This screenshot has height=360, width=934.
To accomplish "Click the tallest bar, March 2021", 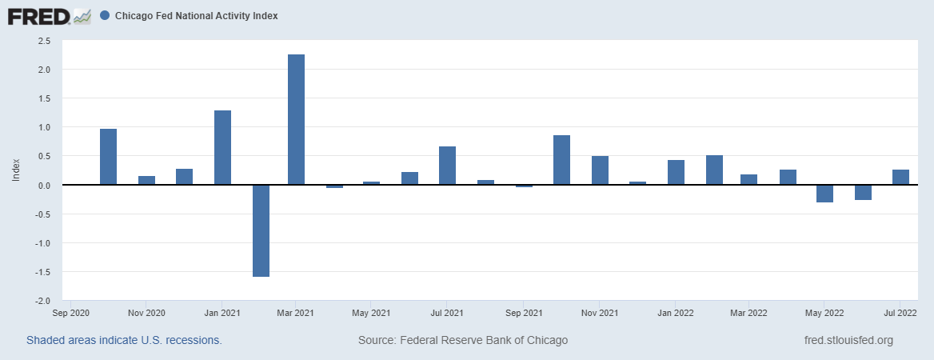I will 296,120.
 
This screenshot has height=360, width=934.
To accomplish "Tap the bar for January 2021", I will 222,148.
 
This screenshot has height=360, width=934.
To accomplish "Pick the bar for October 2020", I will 108,157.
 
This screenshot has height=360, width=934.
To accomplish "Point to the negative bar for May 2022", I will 824,194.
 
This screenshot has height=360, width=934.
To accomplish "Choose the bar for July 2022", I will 900,177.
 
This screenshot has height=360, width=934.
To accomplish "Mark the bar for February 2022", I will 714,170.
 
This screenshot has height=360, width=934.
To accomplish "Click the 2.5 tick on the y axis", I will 44,41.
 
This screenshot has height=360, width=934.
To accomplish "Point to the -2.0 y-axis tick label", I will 42,301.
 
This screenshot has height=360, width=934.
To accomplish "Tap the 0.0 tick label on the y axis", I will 44,186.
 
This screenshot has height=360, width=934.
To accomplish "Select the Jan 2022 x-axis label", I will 676,313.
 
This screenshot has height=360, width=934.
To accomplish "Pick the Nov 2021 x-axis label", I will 600,313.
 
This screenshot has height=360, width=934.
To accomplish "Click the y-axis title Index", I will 15,170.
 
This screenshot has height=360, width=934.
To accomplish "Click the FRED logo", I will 48,16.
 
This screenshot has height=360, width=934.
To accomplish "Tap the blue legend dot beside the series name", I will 106,16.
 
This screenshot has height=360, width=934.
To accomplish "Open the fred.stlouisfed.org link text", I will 848,340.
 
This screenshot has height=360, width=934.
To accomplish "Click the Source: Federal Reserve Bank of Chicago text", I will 463,340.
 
